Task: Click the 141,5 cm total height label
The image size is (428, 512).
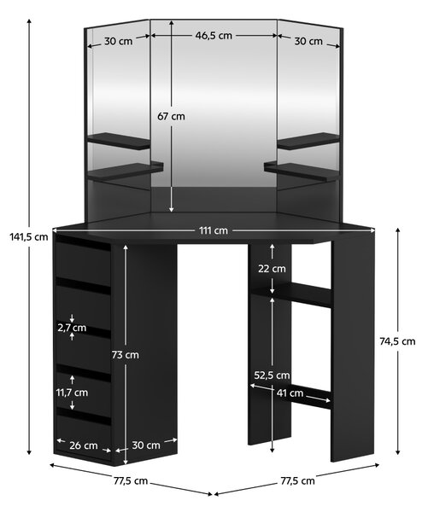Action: pos(29,236)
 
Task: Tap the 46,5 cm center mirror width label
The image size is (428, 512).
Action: pos(214,35)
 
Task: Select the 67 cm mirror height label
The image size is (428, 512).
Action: pos(171,116)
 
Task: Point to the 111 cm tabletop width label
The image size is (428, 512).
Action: pos(214,230)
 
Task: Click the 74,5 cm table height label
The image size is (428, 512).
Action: pos(397,341)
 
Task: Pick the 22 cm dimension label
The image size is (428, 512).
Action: pos(272,269)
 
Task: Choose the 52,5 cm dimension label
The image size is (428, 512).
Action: pos(272,375)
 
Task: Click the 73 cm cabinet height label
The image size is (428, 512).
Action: pos(126,355)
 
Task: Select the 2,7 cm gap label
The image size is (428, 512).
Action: pos(72,328)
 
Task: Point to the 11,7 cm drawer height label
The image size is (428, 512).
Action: pos(73,393)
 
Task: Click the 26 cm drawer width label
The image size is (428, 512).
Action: pos(84,445)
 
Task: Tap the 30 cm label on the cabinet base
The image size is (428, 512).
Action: pos(146,445)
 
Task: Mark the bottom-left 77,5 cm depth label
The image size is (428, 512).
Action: pos(131,481)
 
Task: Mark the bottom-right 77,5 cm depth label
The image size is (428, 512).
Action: pos(297,481)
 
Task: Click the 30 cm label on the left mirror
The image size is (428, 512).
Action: pos(119,42)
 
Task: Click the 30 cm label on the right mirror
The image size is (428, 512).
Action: pos(308,42)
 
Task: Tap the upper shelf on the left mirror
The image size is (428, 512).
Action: pos(119,141)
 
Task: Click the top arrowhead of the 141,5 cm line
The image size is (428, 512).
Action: pos(29,20)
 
